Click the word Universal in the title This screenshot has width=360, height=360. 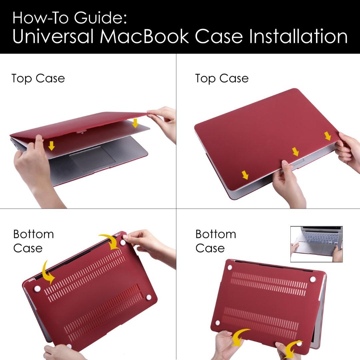click(53, 36)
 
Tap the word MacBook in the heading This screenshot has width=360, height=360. click(144, 36)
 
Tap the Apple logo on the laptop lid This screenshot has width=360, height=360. click(83, 132)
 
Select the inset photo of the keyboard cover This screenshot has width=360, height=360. click(316, 244)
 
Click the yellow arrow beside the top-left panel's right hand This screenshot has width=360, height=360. click(135, 123)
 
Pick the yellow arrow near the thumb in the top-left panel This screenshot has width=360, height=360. click(52, 146)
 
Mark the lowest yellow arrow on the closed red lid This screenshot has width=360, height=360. click(245, 175)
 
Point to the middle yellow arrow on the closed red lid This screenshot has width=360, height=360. click(295, 152)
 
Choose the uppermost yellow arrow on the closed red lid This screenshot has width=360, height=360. click(328, 136)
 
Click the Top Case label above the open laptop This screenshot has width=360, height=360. click(38, 79)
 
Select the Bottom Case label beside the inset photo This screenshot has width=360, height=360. click(216, 241)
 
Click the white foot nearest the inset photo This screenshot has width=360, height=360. click(313, 279)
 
